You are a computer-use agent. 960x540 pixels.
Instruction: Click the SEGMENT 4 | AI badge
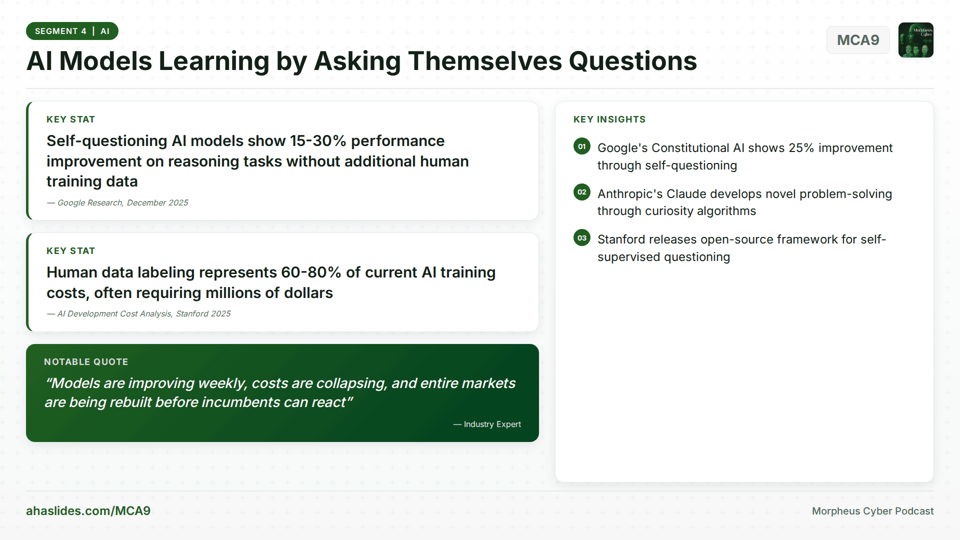pyautogui.click(x=72, y=31)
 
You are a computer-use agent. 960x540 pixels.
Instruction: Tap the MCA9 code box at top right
pyautogui.click(x=857, y=40)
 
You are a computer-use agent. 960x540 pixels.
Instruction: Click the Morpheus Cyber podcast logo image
pyautogui.click(x=915, y=40)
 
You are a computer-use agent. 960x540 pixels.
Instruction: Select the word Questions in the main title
pyautogui.click(x=632, y=61)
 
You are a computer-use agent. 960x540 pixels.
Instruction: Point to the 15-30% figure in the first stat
pyautogui.click(x=318, y=141)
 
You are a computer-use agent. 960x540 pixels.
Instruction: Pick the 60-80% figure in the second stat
pyautogui.click(x=310, y=272)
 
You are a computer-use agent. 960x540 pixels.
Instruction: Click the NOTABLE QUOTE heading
pyautogui.click(x=86, y=361)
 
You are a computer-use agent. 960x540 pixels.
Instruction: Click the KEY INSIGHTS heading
pyautogui.click(x=609, y=119)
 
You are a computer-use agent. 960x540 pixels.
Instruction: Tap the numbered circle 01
pyautogui.click(x=581, y=146)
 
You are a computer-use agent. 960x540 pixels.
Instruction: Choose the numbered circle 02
pyautogui.click(x=581, y=192)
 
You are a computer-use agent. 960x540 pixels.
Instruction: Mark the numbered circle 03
pyautogui.click(x=581, y=238)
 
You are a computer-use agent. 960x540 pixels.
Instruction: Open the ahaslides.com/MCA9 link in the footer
pyautogui.click(x=88, y=510)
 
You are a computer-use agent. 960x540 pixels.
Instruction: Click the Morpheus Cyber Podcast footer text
pyautogui.click(x=872, y=511)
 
